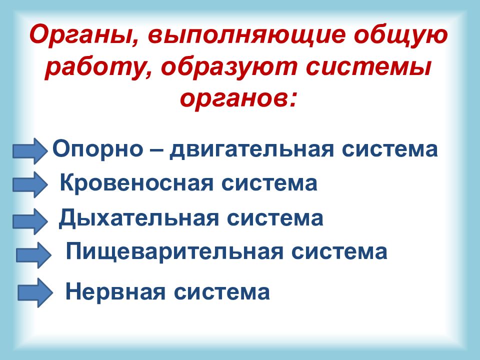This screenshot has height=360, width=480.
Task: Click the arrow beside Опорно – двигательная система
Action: point(30,150)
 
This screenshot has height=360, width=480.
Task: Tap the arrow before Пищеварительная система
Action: point(34,254)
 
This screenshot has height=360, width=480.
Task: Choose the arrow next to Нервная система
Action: point(35,293)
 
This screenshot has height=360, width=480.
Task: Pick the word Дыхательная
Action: point(129,219)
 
